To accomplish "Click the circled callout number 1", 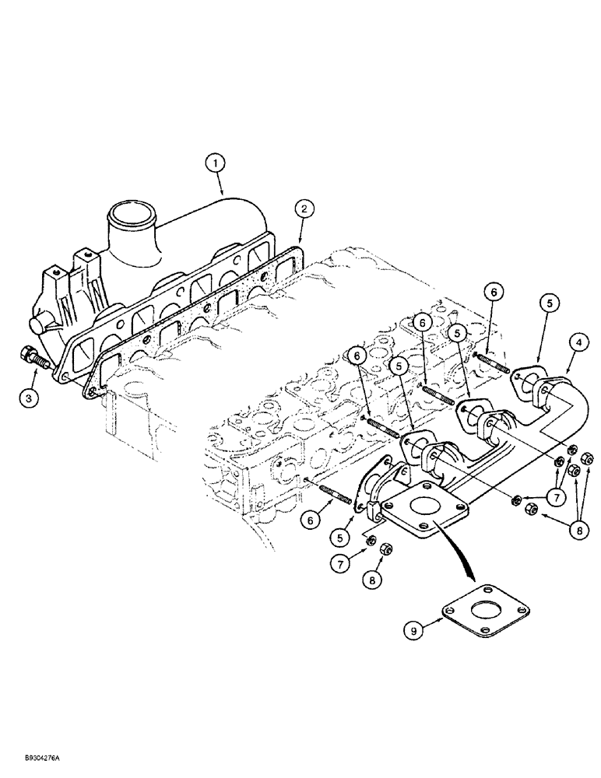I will click(x=216, y=163).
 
